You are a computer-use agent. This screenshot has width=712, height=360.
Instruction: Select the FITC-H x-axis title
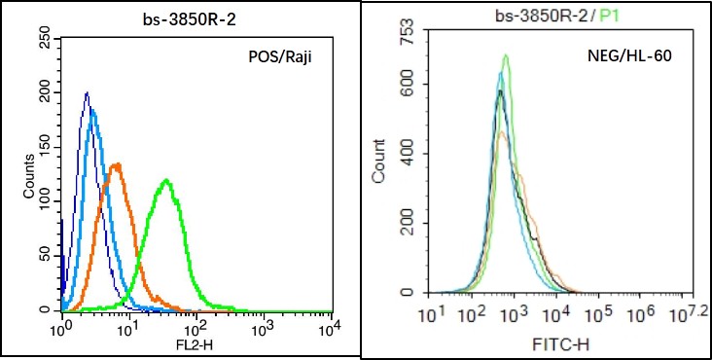[560, 346]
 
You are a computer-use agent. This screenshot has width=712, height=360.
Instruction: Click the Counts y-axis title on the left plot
[29, 176]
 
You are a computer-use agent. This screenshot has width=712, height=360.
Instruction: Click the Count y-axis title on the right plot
[378, 162]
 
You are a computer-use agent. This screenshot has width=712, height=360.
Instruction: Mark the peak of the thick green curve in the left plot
[166, 180]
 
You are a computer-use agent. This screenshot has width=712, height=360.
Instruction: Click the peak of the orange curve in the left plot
[118, 163]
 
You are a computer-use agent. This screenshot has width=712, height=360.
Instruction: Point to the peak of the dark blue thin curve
[87, 92]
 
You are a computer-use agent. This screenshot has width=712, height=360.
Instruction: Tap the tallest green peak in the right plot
[506, 55]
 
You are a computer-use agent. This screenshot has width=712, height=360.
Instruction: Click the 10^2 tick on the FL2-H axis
[196, 327]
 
